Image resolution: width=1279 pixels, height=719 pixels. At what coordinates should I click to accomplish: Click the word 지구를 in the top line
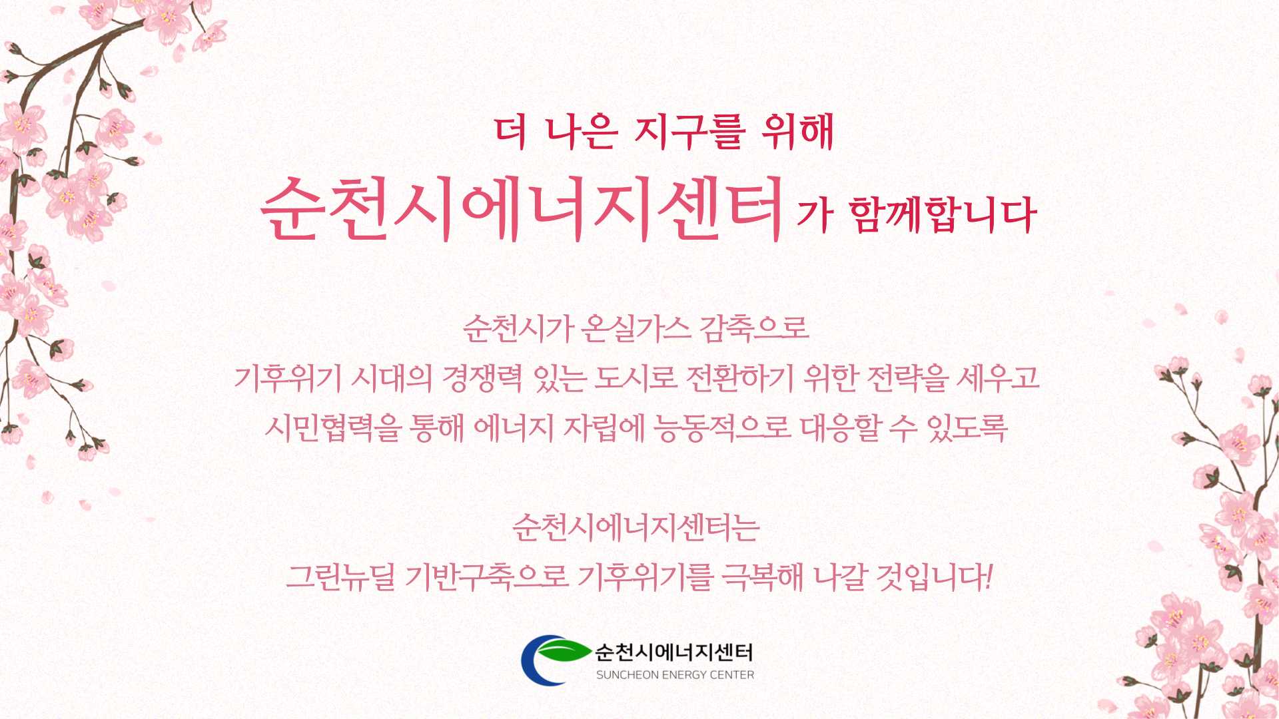689,131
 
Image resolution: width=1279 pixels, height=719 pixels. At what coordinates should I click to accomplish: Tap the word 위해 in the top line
798,130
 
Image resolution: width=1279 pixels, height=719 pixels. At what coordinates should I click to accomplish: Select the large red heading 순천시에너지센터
522,208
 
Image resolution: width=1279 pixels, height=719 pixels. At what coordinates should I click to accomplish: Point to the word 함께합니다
943,214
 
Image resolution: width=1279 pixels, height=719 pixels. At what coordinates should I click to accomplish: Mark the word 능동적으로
722,427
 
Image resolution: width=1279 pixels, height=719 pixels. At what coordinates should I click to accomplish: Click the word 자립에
604,427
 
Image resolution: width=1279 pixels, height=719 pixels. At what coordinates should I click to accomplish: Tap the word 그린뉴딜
340,577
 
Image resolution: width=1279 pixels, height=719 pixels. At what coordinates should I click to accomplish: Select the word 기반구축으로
486,577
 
